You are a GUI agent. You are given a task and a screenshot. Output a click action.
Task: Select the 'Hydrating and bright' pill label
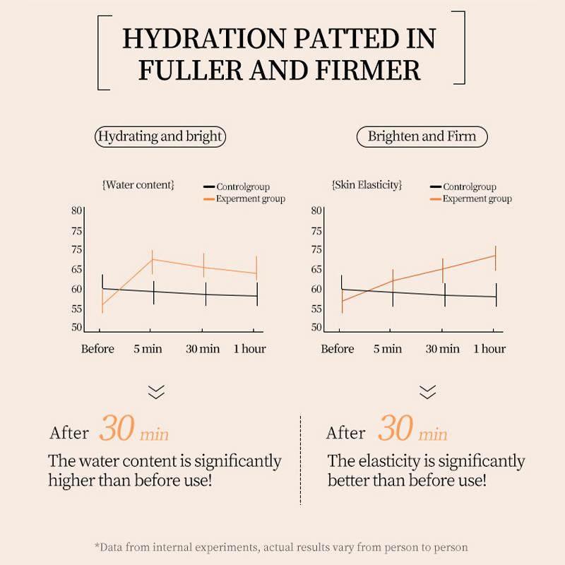click(x=160, y=136)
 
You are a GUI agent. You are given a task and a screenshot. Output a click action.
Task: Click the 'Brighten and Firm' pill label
click(x=422, y=136)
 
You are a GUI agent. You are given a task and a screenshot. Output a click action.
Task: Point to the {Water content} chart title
click(x=138, y=185)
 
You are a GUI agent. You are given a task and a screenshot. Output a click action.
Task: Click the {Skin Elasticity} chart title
click(x=367, y=185)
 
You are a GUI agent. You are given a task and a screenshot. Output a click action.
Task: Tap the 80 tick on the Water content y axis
click(x=77, y=210)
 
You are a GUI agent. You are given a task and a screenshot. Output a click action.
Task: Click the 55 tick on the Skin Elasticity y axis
click(x=316, y=309)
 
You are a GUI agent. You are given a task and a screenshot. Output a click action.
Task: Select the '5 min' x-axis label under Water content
click(x=148, y=349)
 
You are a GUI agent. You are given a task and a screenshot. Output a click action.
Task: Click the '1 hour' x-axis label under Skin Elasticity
click(x=489, y=349)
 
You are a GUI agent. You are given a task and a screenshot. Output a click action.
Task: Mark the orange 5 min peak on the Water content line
click(x=152, y=259)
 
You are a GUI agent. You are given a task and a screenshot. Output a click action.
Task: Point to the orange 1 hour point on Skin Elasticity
click(x=496, y=255)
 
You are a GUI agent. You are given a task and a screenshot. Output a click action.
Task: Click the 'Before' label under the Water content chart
click(x=97, y=349)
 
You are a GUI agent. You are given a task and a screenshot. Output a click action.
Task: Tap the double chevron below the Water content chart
click(x=155, y=392)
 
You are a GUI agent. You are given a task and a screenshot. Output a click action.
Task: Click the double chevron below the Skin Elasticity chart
click(x=427, y=392)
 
